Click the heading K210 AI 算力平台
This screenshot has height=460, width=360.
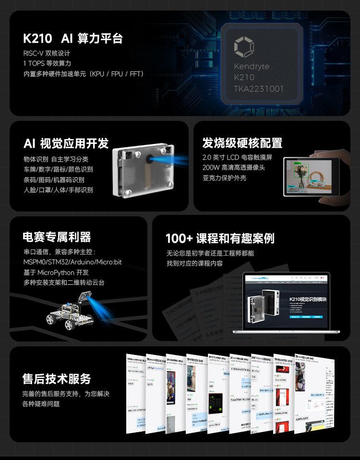(x=73, y=39)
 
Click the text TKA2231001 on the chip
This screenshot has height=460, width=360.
(x=258, y=89)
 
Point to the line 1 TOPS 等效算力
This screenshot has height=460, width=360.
(x=47, y=63)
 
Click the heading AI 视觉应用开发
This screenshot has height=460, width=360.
(x=66, y=143)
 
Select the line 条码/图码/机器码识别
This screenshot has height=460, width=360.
(x=54, y=179)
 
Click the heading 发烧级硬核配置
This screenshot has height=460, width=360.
(x=242, y=143)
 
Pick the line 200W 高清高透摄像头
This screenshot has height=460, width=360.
(x=234, y=167)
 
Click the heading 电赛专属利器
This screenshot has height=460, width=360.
(x=57, y=237)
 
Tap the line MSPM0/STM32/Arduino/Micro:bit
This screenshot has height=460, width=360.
(x=72, y=262)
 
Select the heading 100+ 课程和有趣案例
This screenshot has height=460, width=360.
(x=220, y=238)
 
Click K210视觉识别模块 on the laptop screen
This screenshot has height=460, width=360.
(x=308, y=299)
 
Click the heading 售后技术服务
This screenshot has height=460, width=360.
(x=57, y=378)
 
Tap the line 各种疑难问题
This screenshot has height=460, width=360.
(x=41, y=404)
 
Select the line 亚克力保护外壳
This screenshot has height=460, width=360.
(x=224, y=178)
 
